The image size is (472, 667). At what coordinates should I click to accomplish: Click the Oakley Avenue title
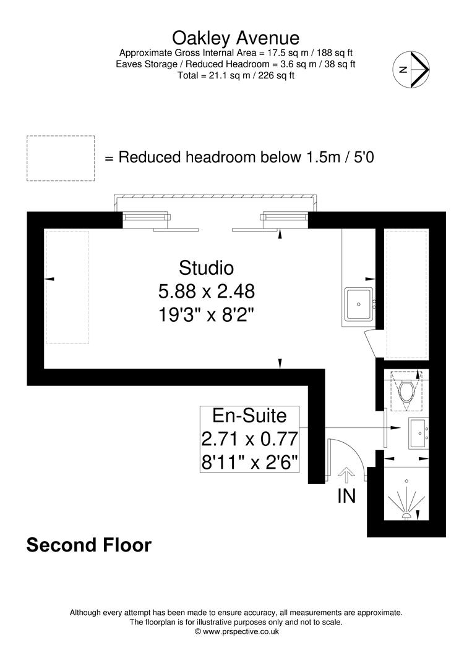click(235, 38)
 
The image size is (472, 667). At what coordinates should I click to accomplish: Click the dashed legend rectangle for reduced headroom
click(61, 158)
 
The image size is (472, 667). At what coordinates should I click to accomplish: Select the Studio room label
click(206, 268)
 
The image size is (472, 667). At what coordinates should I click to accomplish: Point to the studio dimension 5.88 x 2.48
click(206, 291)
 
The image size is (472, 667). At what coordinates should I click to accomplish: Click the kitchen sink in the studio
click(359, 303)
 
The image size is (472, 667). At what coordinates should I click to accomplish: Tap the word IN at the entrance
click(346, 495)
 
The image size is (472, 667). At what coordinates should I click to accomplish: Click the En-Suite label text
click(249, 416)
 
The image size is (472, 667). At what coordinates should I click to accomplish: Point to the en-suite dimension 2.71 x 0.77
click(249, 439)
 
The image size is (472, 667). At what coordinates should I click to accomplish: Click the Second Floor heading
click(88, 546)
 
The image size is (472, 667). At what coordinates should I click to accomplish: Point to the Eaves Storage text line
click(236, 64)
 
